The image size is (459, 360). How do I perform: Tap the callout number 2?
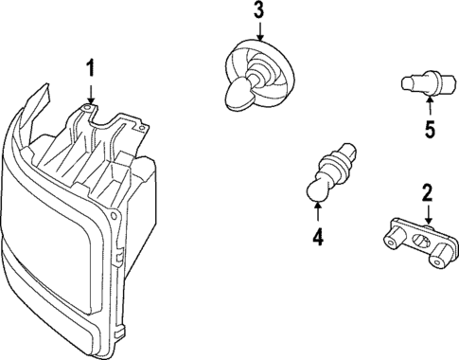click(x=426, y=193)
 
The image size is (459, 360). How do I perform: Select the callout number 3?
click(x=259, y=12)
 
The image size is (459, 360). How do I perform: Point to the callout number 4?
click(x=319, y=238)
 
